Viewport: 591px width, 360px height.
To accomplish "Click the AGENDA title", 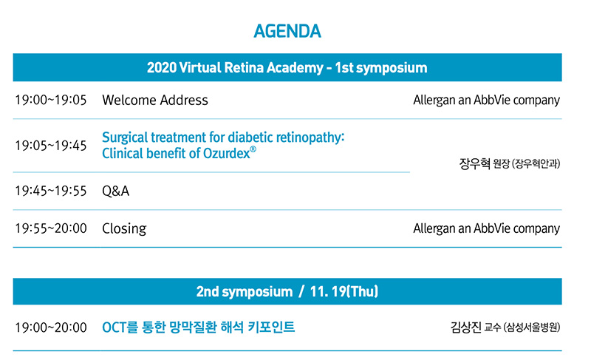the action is [287, 31].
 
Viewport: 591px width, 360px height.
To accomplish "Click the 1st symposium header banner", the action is [287, 67].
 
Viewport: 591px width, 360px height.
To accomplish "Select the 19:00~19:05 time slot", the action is [51, 100].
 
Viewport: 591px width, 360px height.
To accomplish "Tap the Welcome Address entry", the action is [155, 100].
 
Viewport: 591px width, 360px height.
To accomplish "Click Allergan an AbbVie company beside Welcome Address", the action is [487, 101].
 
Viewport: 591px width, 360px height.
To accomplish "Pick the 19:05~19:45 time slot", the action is [51, 145].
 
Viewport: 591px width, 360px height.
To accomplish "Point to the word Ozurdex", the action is [227, 154].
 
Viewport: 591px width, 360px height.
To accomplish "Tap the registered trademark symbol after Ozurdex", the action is [253, 149].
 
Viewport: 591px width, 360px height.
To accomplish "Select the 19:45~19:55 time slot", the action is [51, 191].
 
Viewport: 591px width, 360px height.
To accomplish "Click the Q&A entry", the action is [116, 191].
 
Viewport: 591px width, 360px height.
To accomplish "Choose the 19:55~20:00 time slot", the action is [51, 228].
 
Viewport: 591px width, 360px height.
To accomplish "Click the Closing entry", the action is [124, 229].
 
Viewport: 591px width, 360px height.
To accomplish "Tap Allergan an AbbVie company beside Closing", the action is [487, 228].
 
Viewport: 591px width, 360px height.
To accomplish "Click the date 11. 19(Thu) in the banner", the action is [344, 291].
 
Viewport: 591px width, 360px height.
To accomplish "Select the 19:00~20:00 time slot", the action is [51, 327].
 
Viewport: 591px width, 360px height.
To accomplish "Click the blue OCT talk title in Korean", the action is [199, 327].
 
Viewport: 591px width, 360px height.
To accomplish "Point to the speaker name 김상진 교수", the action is [476, 327].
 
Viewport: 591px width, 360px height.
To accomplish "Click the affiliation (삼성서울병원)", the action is [532, 327].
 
